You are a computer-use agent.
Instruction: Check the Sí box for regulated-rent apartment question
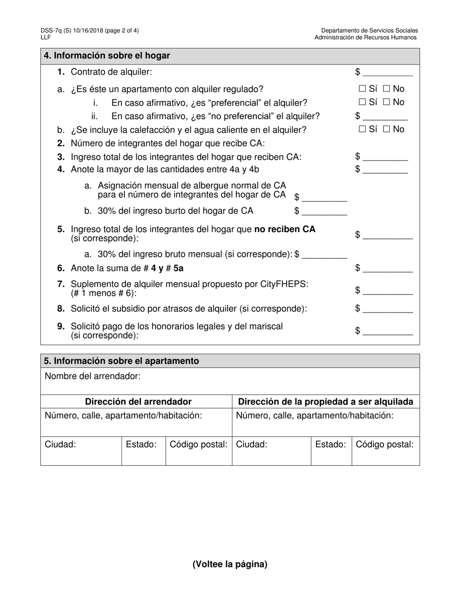[x=362, y=89]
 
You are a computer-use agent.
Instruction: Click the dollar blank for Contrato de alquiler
[x=387, y=73]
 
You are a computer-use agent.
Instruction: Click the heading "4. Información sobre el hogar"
[x=107, y=56]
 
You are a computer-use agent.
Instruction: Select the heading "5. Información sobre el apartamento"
[x=122, y=361]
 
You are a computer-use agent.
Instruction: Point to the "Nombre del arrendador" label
[x=92, y=376]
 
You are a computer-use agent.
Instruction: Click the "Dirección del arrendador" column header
[x=138, y=402]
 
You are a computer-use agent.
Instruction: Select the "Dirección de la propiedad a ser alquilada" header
[x=325, y=402]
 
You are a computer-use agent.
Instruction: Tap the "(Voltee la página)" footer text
[x=230, y=564]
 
